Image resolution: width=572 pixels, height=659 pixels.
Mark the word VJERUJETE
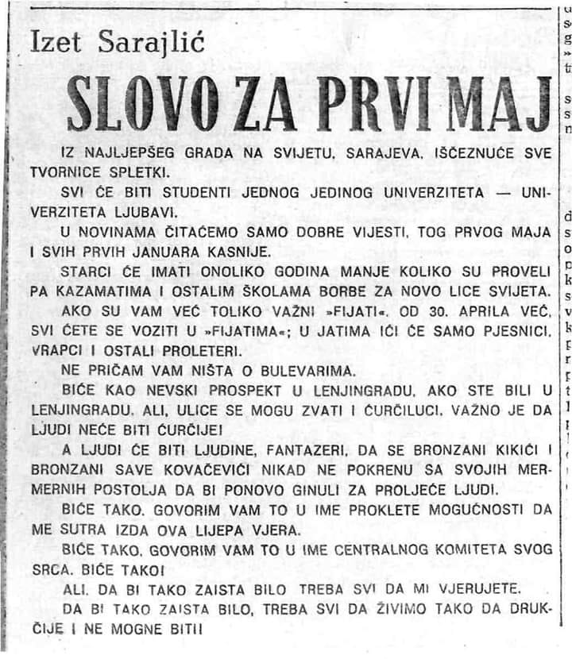tap(482, 588)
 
